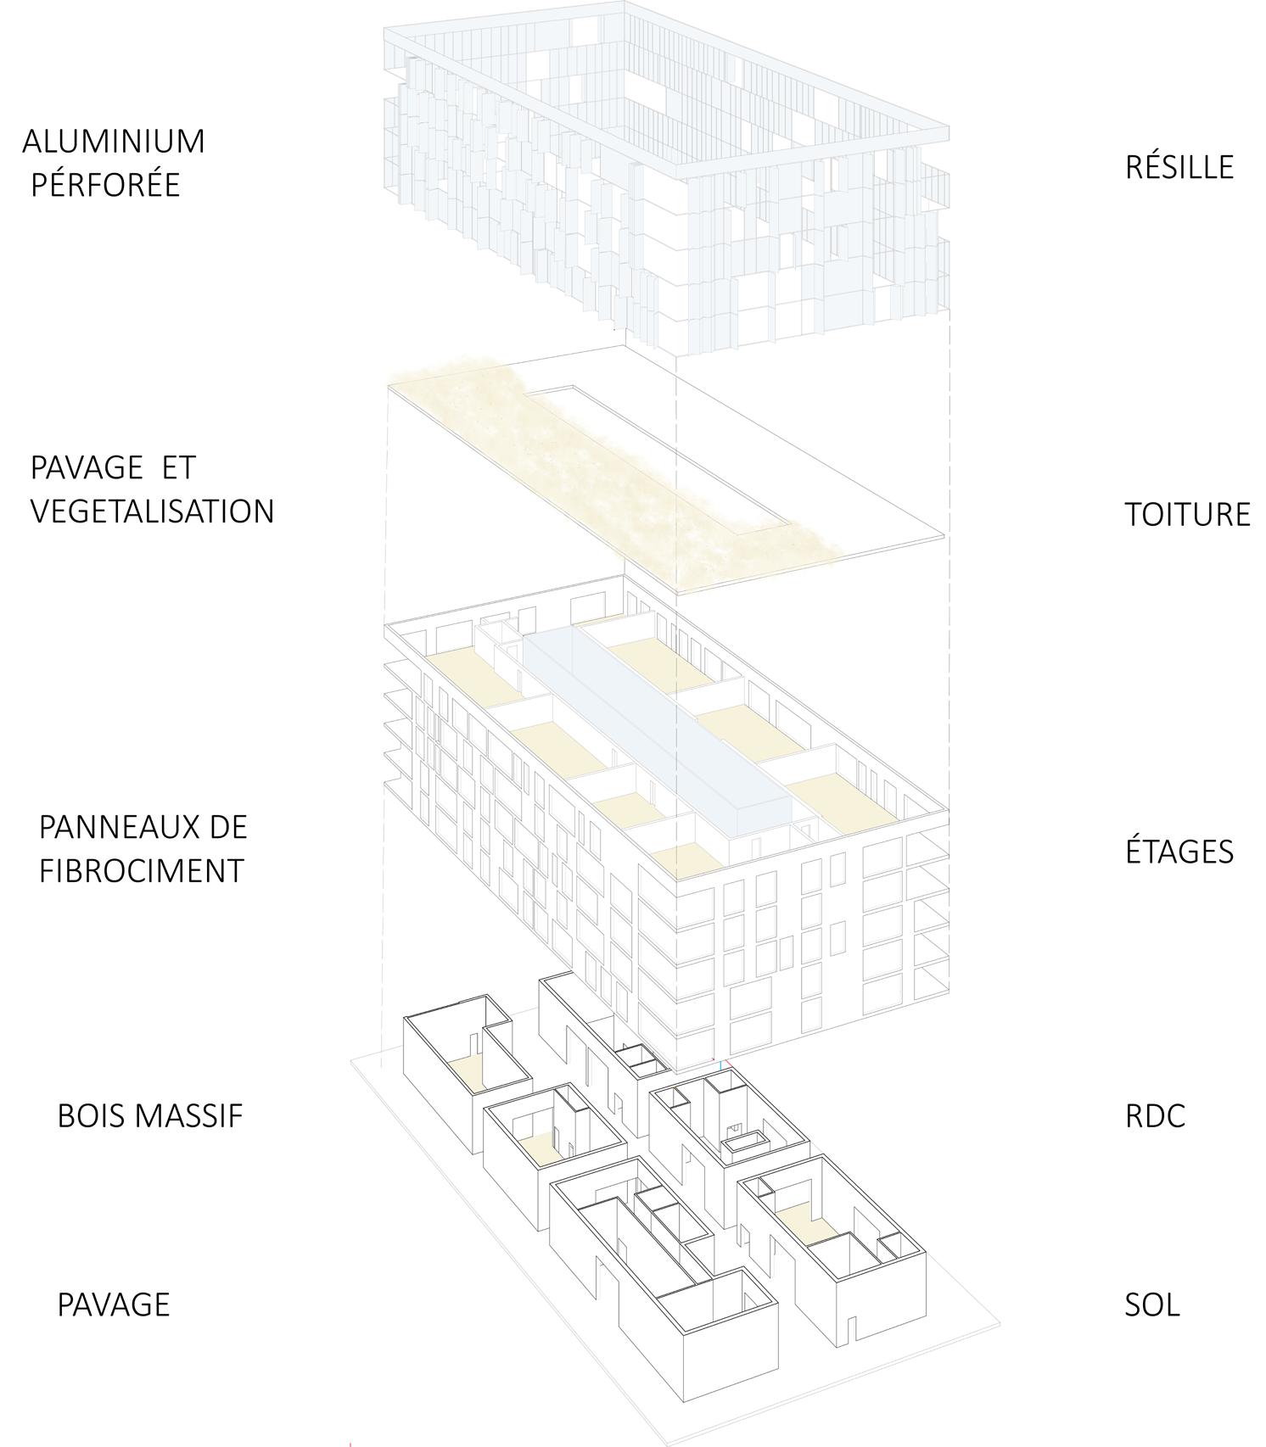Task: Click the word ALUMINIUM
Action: [114, 142]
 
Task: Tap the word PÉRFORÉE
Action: [105, 185]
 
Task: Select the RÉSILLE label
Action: [1179, 167]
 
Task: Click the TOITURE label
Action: [1187, 515]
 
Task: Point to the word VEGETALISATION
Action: [152, 511]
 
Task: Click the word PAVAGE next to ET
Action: [87, 467]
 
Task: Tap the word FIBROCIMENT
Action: [141, 871]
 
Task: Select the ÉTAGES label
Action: [1179, 852]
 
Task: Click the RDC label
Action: [1155, 1115]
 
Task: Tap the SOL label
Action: [1151, 1304]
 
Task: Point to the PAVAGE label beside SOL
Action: [113, 1304]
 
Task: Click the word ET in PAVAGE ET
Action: [177, 467]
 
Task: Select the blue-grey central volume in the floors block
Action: [653, 729]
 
